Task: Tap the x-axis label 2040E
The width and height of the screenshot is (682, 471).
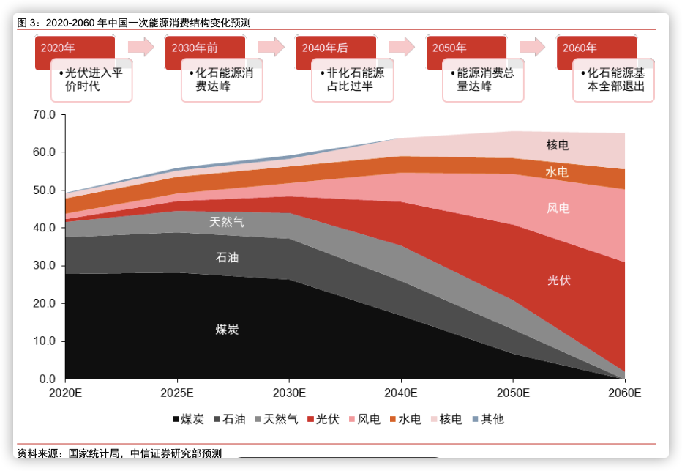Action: (x=400, y=393)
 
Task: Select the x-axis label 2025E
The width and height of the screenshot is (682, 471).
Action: (x=176, y=393)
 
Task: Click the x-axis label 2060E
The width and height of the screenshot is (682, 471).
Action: (x=624, y=393)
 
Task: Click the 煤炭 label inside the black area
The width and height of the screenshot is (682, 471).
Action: (x=227, y=330)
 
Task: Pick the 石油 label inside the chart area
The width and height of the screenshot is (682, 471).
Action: (x=227, y=258)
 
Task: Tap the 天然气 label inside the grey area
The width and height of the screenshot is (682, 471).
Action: (x=227, y=221)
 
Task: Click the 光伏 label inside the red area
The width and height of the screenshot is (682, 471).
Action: (x=558, y=281)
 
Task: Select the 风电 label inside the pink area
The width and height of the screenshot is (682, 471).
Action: (x=558, y=209)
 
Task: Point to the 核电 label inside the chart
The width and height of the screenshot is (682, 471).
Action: (x=558, y=145)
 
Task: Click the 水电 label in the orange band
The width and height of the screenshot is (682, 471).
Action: (x=557, y=172)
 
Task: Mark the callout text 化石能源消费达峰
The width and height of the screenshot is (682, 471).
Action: (x=224, y=80)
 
